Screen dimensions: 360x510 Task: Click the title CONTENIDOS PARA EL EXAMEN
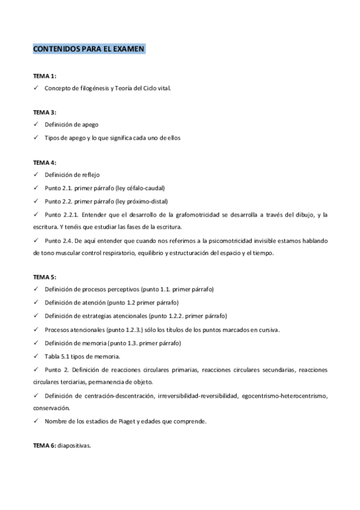(88, 49)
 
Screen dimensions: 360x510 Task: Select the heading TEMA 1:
(44, 76)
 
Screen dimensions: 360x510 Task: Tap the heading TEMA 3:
(44, 112)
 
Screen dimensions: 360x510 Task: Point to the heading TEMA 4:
(44, 162)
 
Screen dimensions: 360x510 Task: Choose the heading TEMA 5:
(44, 277)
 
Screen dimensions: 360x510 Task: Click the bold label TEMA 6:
(44, 446)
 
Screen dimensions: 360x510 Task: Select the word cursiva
(268, 330)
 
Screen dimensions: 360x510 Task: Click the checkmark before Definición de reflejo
(36, 174)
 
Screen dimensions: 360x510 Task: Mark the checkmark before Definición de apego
(36, 124)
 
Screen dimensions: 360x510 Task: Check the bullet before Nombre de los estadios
(36, 421)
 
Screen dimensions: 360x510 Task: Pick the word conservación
(52, 408)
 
